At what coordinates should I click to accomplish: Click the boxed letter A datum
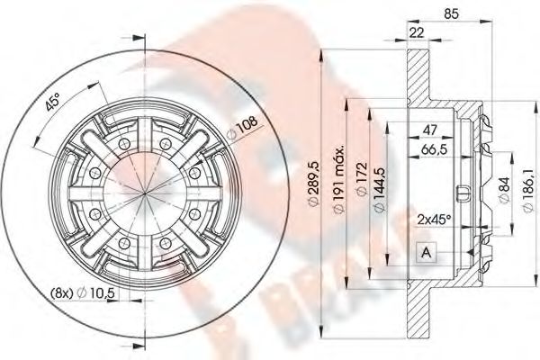pyautogui.click(x=424, y=255)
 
